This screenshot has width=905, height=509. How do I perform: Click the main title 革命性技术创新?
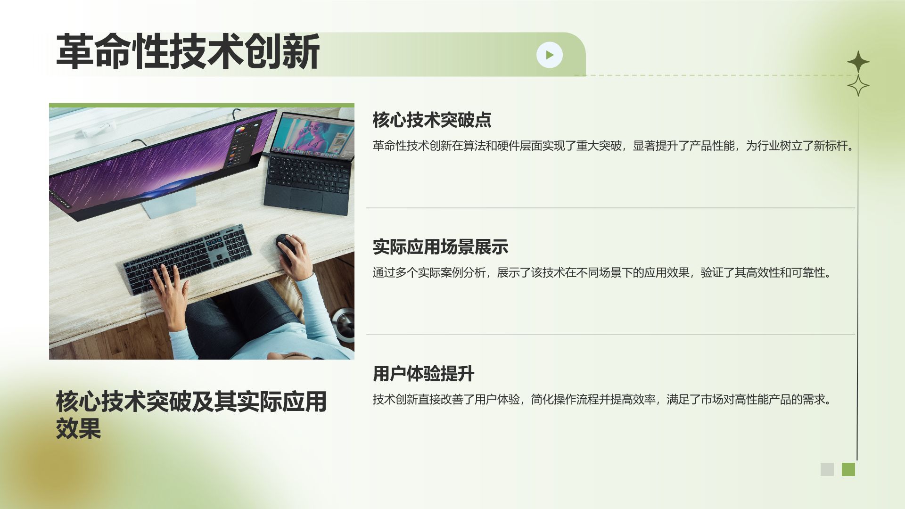[x=188, y=51]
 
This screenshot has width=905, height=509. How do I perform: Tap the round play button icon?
[x=550, y=55]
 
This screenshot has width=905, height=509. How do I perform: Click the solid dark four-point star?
[x=858, y=62]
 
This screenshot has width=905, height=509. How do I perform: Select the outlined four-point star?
[x=858, y=85]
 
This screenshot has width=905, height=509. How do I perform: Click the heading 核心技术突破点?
[x=432, y=120]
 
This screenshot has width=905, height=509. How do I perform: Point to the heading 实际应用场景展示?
[x=440, y=247]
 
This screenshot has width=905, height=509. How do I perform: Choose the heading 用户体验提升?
[x=423, y=374]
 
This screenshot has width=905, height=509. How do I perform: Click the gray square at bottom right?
[x=827, y=469]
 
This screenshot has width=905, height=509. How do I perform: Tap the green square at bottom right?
[x=848, y=469]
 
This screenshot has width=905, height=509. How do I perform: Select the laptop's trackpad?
[x=306, y=199]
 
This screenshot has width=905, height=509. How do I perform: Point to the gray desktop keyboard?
[x=187, y=259]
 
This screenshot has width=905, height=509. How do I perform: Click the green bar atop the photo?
[x=202, y=106]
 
